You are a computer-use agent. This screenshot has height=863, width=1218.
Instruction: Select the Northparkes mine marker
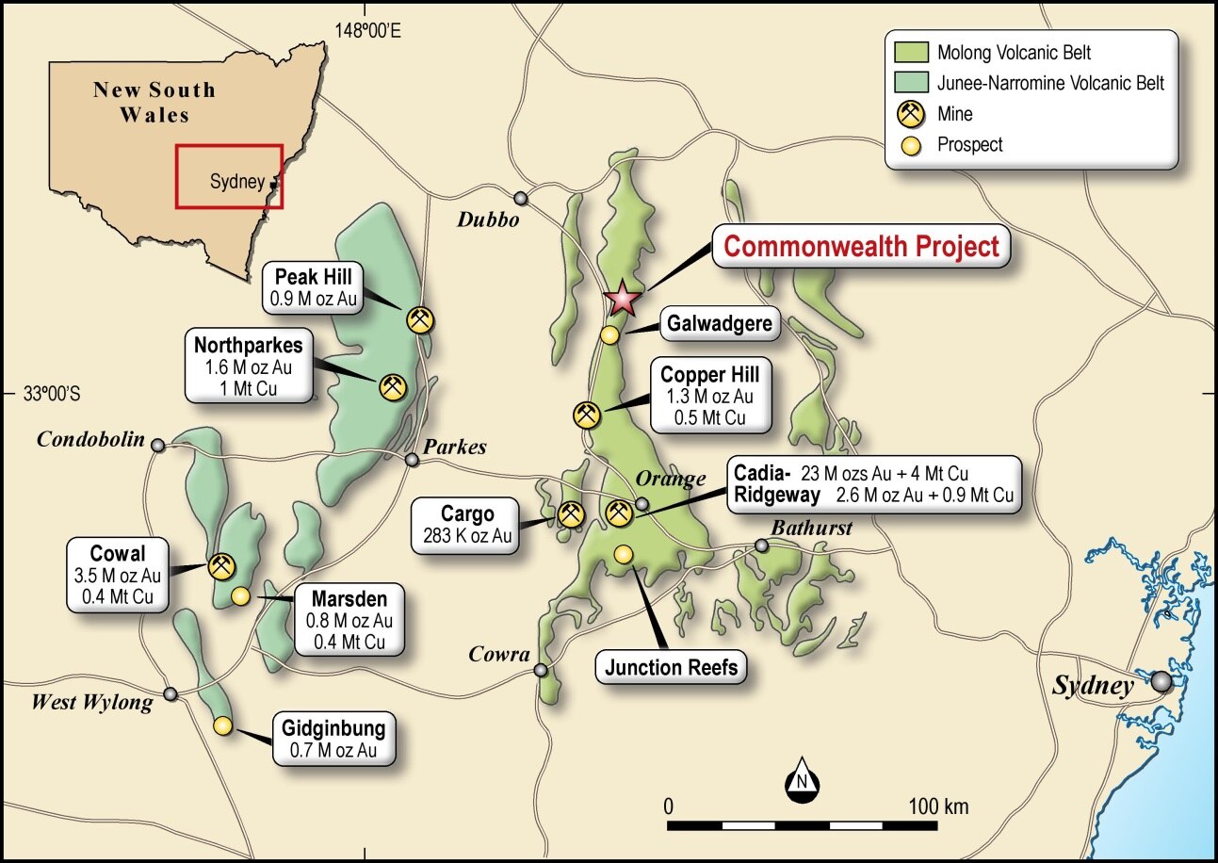pyautogui.click(x=392, y=386)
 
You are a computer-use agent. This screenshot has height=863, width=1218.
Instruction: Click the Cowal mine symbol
pyautogui.click(x=221, y=566)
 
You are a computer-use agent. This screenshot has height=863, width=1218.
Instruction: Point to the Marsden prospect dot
pyautogui.click(x=240, y=595)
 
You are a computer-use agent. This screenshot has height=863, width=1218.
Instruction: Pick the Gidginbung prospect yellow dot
pyautogui.click(x=222, y=725)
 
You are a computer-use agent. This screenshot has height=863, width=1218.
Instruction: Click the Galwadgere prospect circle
pyautogui.click(x=610, y=334)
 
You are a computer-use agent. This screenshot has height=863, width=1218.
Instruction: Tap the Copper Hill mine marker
pyautogui.click(x=587, y=415)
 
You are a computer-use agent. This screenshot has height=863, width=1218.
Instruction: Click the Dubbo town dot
pyautogui.click(x=521, y=198)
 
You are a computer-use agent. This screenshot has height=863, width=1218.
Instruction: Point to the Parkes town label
pyautogui.click(x=455, y=447)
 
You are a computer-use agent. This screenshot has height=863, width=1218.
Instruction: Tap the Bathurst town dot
pyautogui.click(x=762, y=545)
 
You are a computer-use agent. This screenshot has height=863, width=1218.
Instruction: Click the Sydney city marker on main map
pyautogui.click(x=1161, y=681)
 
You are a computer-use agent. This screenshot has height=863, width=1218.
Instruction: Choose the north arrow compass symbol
pyautogui.click(x=803, y=782)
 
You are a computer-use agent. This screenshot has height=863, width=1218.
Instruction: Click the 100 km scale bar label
pyautogui.click(x=938, y=807)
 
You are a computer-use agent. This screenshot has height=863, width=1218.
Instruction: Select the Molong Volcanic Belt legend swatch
pyautogui.click(x=905, y=52)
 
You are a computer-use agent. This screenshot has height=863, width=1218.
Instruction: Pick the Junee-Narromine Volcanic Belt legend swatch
pyautogui.click(x=905, y=83)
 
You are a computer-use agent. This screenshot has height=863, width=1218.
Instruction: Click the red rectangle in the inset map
pyautogui.click(x=229, y=176)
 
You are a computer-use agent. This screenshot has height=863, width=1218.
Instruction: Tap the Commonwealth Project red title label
pyautogui.click(x=861, y=247)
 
